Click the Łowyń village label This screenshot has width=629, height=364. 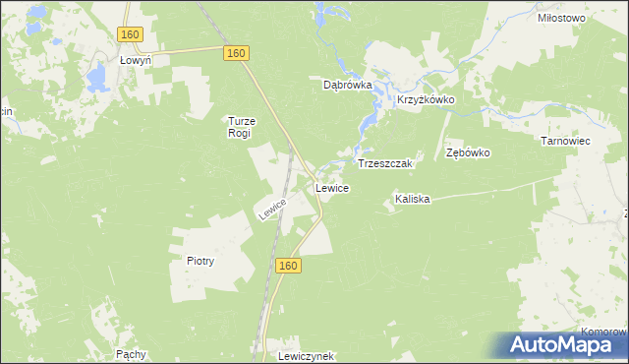pyautogui.click(x=134, y=60)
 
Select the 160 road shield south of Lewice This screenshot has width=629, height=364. pyautogui.click(x=286, y=267)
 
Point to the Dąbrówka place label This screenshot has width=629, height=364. pyautogui.click(x=348, y=85)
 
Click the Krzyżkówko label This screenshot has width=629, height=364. pyautogui.click(x=425, y=100)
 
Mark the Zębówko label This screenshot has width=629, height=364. pyautogui.click(x=468, y=153)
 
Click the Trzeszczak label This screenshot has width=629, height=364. pyautogui.click(x=389, y=163)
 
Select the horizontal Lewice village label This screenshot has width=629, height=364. pyautogui.click(x=331, y=187)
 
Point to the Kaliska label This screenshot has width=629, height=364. pyautogui.click(x=413, y=199)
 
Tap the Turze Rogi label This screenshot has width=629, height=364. pyautogui.click(x=241, y=127)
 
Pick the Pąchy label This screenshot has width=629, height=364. pyautogui.click(x=131, y=353)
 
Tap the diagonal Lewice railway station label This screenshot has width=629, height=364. pyautogui.click(x=272, y=209)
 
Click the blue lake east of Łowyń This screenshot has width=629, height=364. pyautogui.click(x=97, y=76)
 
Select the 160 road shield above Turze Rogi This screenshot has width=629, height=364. pyautogui.click(x=234, y=54)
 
